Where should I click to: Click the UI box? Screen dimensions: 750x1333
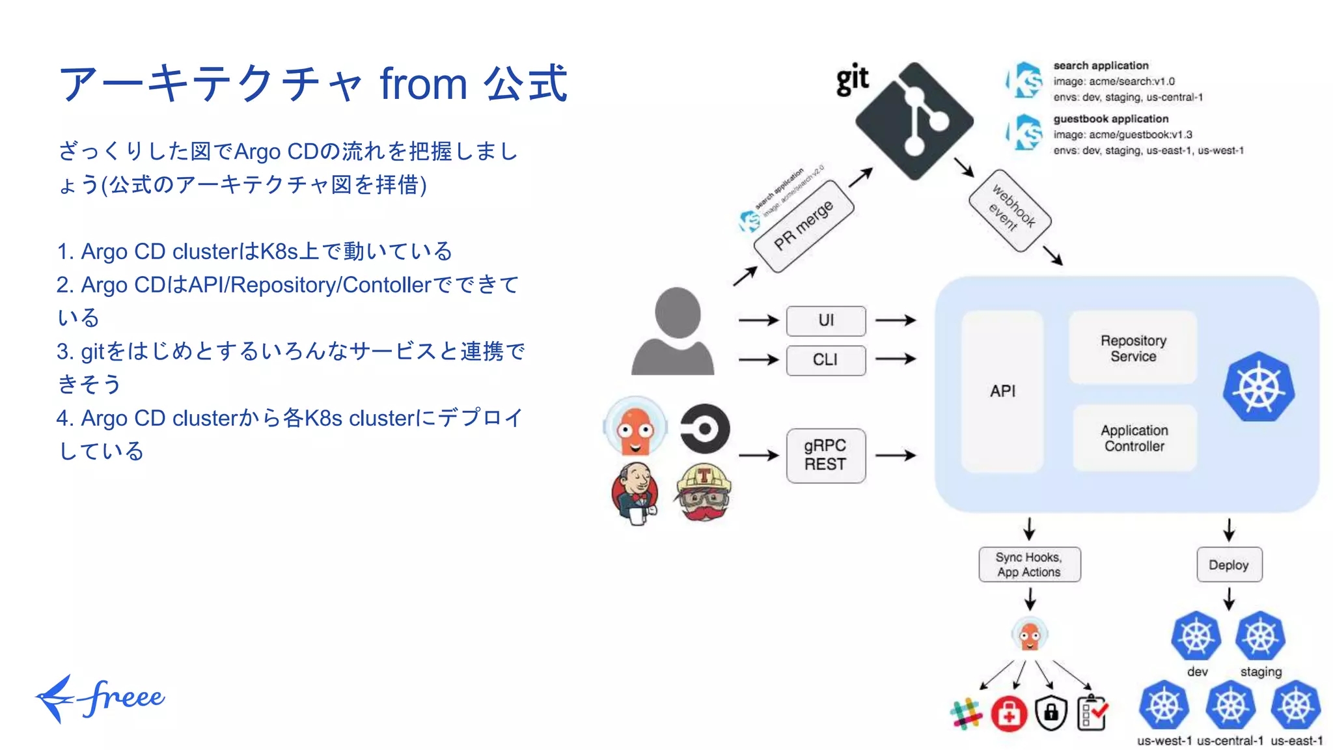[826, 320]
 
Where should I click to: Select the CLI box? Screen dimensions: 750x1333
[826, 360]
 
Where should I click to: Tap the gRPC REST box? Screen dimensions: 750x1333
[825, 455]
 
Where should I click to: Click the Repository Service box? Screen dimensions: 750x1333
[1133, 348]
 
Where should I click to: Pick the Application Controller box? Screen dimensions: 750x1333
[1134, 438]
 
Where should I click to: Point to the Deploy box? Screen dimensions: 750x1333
[1228, 564]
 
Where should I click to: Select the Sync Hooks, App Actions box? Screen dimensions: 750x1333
[1028, 564]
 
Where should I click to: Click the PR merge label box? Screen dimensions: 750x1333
[803, 226]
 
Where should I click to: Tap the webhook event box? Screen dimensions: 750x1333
[1010, 210]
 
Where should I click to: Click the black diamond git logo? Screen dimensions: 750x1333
[914, 121]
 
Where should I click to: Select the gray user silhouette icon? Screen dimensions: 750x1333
[674, 331]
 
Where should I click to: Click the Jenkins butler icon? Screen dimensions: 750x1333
[635, 492]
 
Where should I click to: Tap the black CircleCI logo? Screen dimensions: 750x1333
[705, 428]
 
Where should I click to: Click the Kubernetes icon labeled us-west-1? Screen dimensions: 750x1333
[1164, 705]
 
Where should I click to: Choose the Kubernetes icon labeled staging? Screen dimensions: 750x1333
[1260, 636]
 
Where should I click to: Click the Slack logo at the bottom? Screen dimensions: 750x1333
[967, 714]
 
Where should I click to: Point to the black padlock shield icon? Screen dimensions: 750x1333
[1051, 713]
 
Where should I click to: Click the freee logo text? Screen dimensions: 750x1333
[124, 698]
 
